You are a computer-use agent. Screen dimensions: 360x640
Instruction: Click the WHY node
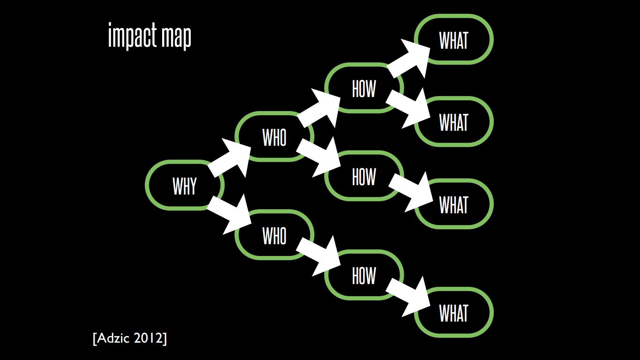coord(185,186)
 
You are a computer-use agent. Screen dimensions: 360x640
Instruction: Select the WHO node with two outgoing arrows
coord(274,136)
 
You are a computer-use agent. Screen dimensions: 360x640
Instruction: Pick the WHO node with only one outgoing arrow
coord(274,235)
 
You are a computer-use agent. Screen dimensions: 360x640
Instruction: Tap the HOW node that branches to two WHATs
coord(364,88)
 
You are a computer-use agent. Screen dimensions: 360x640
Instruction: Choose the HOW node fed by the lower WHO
coord(364,275)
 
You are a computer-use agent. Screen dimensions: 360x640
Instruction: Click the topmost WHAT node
coord(454,39)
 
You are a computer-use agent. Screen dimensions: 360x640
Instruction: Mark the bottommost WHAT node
coord(454,313)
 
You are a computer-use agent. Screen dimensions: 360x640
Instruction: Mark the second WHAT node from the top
coord(454,122)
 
